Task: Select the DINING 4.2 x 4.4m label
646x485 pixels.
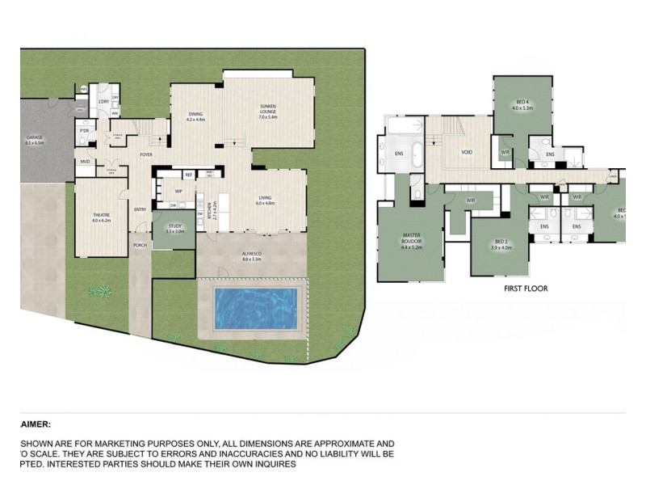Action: pyautogui.click(x=196, y=116)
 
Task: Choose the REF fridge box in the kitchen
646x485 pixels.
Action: pyautogui.click(x=188, y=175)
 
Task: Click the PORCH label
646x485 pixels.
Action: pyautogui.click(x=140, y=246)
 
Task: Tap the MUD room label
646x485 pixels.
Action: pyautogui.click(x=84, y=162)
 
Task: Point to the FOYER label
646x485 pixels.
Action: pyautogui.click(x=147, y=154)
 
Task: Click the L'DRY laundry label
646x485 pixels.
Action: pyautogui.click(x=104, y=101)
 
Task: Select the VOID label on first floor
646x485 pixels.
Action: pyautogui.click(x=467, y=152)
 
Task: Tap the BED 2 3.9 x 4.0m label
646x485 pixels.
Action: pyautogui.click(x=501, y=244)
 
